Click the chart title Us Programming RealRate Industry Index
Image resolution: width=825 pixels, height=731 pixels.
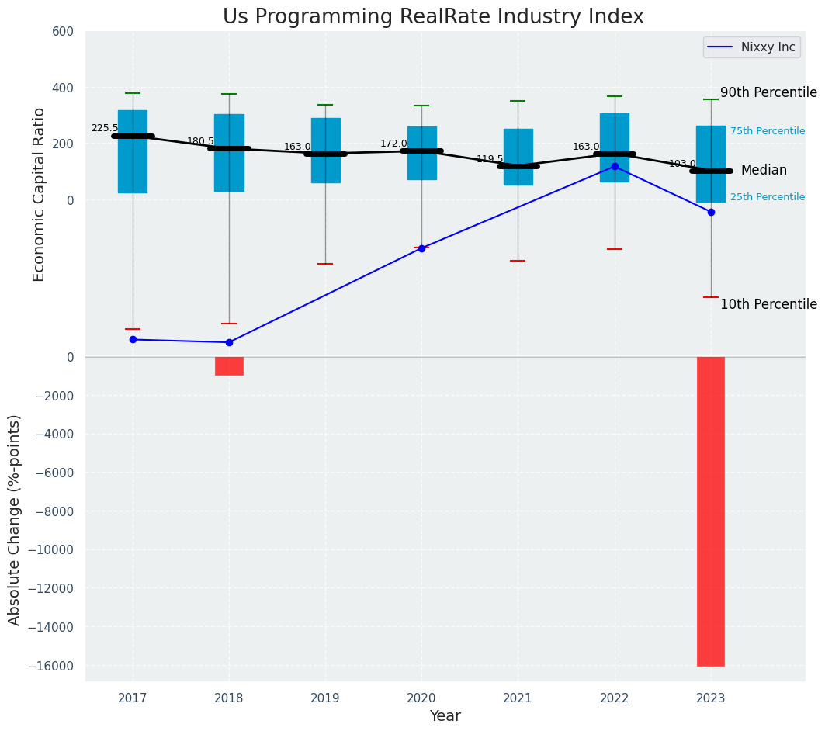pos(433,17)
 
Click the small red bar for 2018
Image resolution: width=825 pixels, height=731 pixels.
pos(229,365)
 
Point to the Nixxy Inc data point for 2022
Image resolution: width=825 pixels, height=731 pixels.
pos(615,166)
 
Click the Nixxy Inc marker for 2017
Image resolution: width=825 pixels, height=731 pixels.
pos(133,339)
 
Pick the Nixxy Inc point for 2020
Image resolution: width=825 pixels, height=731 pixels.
pos(421,248)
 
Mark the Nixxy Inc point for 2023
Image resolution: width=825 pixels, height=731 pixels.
pos(711,212)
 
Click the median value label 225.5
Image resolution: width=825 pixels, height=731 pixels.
pos(105,129)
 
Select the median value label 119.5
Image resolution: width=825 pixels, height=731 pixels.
pos(490,159)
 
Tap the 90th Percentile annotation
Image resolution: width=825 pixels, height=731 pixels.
pos(768,93)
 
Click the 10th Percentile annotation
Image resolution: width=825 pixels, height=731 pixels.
pos(768,304)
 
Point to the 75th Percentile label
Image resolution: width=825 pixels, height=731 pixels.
pos(767,131)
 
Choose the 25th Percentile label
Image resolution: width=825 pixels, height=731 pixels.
pos(767,197)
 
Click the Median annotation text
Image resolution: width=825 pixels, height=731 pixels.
pos(764,171)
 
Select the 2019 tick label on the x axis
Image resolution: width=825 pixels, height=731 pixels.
pos(325,698)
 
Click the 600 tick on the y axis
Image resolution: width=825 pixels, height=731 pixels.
pos(63,32)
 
